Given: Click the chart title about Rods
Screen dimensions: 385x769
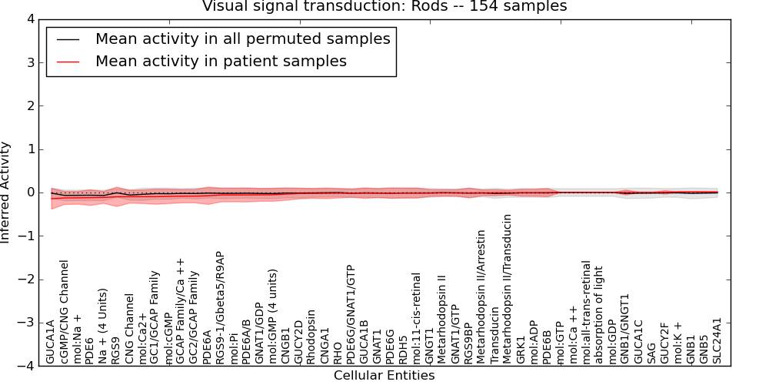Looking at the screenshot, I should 384,7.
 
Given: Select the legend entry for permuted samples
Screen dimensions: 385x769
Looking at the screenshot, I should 242,39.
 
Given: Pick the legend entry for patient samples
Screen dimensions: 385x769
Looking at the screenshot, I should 221,62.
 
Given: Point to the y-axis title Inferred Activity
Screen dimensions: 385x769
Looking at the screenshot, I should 7,192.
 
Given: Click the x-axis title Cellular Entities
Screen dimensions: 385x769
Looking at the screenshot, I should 384,376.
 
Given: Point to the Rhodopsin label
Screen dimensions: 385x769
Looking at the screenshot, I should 311,337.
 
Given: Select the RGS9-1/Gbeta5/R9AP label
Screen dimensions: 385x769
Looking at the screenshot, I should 220,307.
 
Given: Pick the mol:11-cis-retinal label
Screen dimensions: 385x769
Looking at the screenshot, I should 417,318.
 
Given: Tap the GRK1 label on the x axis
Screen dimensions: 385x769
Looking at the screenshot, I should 521,350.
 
